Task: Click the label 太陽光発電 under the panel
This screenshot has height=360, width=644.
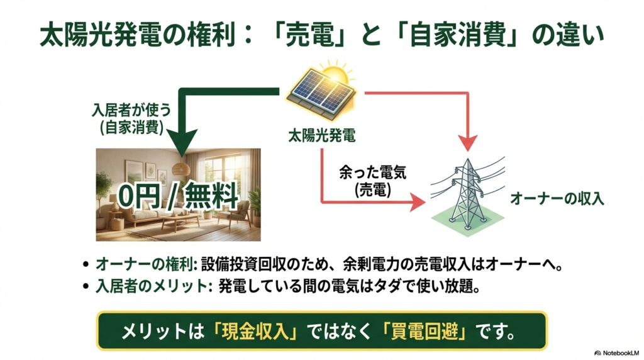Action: tap(321, 134)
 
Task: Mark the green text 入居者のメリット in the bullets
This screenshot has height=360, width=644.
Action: tap(151, 286)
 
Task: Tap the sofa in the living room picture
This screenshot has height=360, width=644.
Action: tap(135, 217)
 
